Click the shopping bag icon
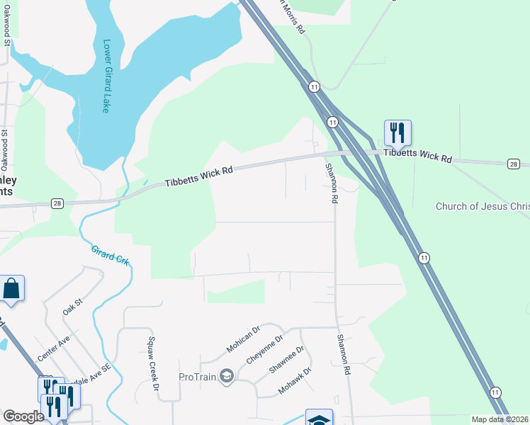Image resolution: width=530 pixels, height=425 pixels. click(11, 288)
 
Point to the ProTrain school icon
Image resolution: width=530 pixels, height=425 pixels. click(226, 375)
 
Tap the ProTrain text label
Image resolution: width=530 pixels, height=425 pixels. click(198, 376)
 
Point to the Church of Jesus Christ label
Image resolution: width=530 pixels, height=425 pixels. click(482, 206)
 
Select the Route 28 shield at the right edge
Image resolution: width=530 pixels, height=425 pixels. click(514, 164)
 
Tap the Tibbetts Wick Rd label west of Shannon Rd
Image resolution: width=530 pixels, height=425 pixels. click(199, 174)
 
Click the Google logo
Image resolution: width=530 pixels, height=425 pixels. click(23, 416)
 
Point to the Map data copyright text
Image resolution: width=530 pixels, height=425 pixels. click(499, 419)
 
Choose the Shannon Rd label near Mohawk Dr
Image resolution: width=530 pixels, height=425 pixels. click(344, 355)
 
